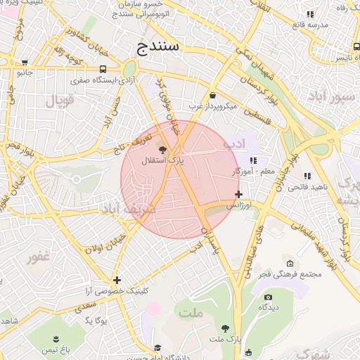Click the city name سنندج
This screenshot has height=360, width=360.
(x=158, y=47)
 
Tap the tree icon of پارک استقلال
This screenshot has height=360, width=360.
(x=163, y=149)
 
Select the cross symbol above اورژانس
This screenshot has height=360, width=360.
(x=238, y=194)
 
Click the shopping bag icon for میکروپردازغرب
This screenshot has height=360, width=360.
(x=212, y=95)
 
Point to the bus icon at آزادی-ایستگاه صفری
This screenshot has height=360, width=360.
(x=103, y=69)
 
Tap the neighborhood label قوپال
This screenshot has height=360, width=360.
(x=60, y=100)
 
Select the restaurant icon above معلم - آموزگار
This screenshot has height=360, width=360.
(x=252, y=160)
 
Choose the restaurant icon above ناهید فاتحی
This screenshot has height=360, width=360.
(x=307, y=176)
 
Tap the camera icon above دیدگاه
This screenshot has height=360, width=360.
(x=266, y=297)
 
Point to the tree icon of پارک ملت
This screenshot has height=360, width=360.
(x=225, y=328)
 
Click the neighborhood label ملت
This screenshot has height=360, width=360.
(x=191, y=313)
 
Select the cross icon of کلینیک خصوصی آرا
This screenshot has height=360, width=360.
(x=117, y=280)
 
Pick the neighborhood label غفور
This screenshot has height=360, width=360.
(x=39, y=257)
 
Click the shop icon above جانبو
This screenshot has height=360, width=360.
(x=25, y=61)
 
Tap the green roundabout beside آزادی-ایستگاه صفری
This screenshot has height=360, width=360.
(x=129, y=68)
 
